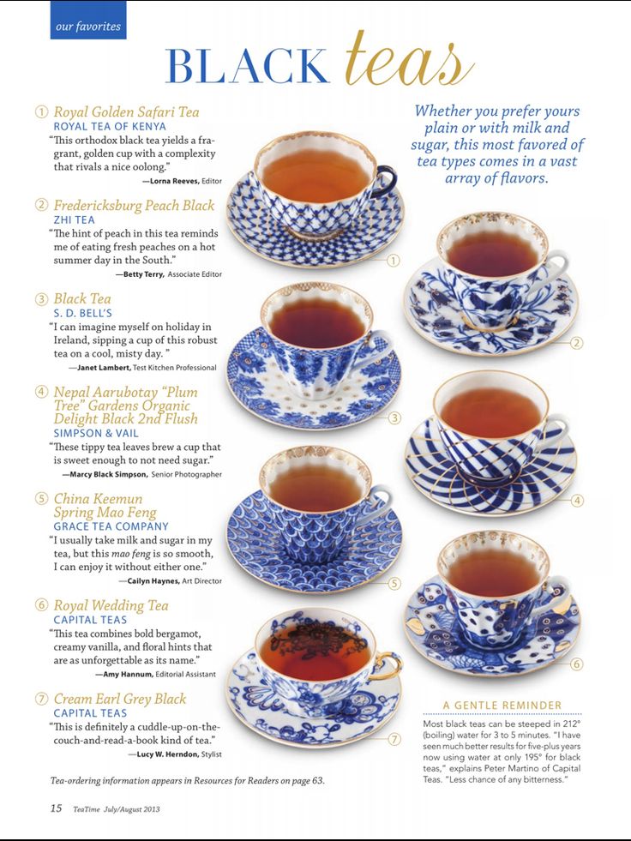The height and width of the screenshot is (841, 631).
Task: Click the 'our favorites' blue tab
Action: pyautogui.click(x=88, y=20)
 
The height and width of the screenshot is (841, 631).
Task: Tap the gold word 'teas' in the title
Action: pyautogui.click(x=410, y=59)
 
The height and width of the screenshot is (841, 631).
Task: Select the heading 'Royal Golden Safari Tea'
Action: pyautogui.click(x=126, y=112)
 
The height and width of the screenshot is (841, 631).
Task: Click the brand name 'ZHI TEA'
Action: pyautogui.click(x=74, y=220)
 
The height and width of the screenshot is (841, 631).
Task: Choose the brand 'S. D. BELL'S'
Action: pyautogui.click(x=82, y=313)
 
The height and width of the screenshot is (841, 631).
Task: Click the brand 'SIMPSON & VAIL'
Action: pyautogui.click(x=96, y=434)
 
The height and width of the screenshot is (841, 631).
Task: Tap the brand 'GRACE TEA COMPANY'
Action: pyautogui.click(x=111, y=526)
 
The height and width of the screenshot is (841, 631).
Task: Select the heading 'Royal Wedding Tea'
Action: pyautogui.click(x=111, y=605)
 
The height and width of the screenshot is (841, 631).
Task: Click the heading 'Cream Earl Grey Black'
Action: pyautogui.click(x=120, y=699)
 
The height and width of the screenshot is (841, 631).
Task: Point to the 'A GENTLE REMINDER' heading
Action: pyautogui.click(x=502, y=706)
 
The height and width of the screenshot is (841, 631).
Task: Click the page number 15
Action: pyautogui.click(x=56, y=808)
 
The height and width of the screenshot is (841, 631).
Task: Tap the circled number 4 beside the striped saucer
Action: pyautogui.click(x=576, y=501)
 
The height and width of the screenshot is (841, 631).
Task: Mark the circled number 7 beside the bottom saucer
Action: pyautogui.click(x=394, y=740)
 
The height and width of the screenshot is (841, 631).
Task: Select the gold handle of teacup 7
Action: pyautogui.click(x=388, y=666)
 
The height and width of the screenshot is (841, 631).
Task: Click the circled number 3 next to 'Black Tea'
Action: pyautogui.click(x=41, y=299)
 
